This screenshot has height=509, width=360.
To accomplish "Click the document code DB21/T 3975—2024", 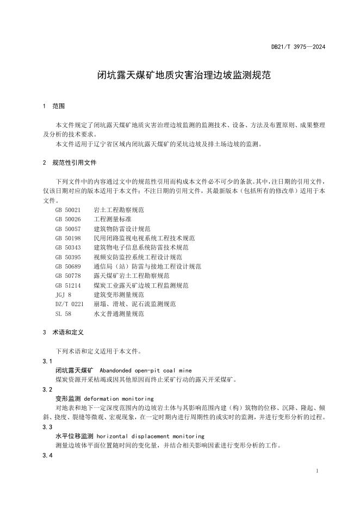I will point(298,47).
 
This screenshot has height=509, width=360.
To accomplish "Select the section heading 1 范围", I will point(54,105).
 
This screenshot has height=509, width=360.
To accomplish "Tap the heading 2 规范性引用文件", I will point(69,162).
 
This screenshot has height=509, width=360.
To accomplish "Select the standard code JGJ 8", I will point(63,295).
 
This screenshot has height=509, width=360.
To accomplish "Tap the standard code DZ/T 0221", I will point(70,304).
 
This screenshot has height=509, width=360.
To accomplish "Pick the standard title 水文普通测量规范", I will point(119,314).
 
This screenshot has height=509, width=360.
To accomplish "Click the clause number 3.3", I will point(47,427).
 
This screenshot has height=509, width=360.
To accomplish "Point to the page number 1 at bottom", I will point(317,471).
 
